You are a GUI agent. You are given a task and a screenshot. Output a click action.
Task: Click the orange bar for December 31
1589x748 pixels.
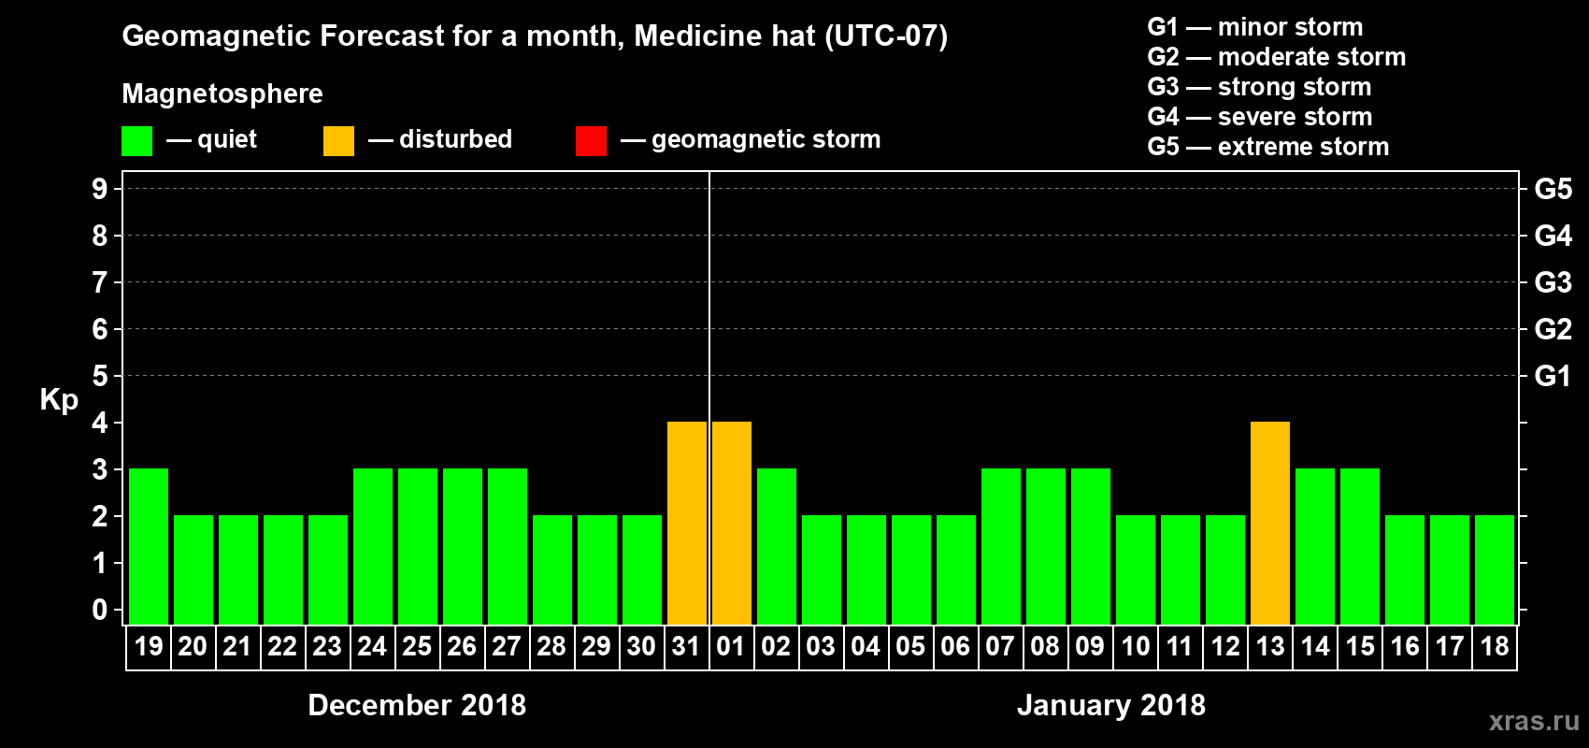pyautogui.click(x=687, y=523)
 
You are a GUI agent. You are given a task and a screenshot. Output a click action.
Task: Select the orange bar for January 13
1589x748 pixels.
pyautogui.click(x=1270, y=523)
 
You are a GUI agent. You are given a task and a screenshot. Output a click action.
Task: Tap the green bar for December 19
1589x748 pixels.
pyautogui.click(x=149, y=546)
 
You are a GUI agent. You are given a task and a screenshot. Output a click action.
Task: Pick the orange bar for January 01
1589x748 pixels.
pyautogui.click(x=732, y=523)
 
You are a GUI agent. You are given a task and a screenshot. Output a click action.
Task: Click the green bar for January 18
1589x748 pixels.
pyautogui.click(x=1495, y=569)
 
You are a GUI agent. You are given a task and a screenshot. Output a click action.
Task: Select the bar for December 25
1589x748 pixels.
pyautogui.click(x=418, y=546)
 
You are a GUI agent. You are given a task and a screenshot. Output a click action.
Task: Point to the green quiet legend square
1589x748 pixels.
pyautogui.click(x=136, y=141)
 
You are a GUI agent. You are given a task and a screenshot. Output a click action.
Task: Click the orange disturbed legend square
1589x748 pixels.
pyautogui.click(x=338, y=141)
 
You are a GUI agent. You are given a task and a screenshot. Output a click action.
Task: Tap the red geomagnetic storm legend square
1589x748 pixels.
pyautogui.click(x=591, y=141)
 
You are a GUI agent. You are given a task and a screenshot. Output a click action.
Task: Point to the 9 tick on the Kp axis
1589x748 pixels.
pyautogui.click(x=100, y=189)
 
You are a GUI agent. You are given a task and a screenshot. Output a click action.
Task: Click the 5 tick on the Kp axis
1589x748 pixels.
pyautogui.click(x=100, y=376)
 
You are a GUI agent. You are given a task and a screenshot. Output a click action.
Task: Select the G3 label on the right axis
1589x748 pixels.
pyautogui.click(x=1553, y=282)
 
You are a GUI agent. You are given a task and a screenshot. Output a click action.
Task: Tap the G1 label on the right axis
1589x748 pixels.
pyautogui.click(x=1553, y=376)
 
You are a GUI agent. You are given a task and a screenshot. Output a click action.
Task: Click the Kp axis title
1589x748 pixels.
pyautogui.click(x=59, y=400)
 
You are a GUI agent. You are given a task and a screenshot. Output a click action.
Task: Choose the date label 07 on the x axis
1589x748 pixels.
pyautogui.click(x=1000, y=646)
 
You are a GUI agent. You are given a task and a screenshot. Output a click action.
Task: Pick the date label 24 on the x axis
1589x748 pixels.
pyautogui.click(x=372, y=646)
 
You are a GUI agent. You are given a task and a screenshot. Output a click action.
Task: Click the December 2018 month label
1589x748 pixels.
pyautogui.click(x=417, y=705)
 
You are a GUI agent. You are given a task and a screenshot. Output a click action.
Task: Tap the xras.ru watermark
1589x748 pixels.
pyautogui.click(x=1534, y=721)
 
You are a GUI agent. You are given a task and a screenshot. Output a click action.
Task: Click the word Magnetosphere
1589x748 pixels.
pyautogui.click(x=222, y=93)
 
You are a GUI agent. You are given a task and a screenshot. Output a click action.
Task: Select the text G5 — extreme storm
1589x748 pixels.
pyautogui.click(x=1267, y=147)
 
